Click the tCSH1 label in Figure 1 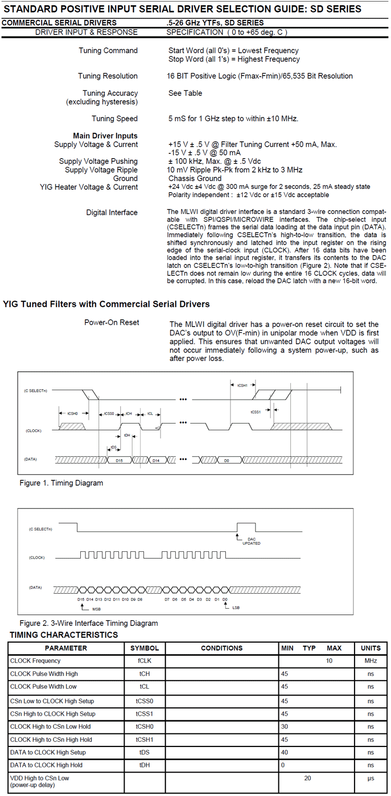point(242,385)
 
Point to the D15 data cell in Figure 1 point(119,461)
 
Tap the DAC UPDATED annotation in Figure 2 point(251,541)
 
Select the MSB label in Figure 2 point(96,609)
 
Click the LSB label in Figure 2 point(236,607)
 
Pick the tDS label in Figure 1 point(114,447)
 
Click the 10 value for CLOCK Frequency point(329,661)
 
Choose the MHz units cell point(371,661)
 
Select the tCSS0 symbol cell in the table point(144,701)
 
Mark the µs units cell point(371,781)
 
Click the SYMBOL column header point(144,648)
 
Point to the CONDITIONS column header point(222,648)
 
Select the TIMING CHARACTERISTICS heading point(64,635)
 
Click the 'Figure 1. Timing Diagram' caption point(61,483)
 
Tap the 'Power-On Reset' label point(112,322)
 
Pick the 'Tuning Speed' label point(115,118)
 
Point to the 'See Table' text point(185,93)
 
